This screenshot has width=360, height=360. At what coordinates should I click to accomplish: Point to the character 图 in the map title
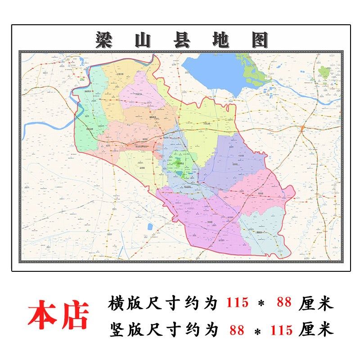point(259,40)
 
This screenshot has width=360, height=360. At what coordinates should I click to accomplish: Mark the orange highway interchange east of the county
point(302,129)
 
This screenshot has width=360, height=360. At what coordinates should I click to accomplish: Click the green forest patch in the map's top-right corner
point(324,72)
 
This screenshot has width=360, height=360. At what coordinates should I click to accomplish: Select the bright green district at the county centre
point(180,164)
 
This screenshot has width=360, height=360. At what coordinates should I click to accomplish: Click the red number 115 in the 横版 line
point(237,303)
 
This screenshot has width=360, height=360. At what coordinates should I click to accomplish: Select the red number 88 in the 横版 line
point(284,303)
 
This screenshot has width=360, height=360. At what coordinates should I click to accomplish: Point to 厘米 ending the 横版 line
point(317,303)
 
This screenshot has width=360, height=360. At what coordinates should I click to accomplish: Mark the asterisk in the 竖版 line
point(257,332)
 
